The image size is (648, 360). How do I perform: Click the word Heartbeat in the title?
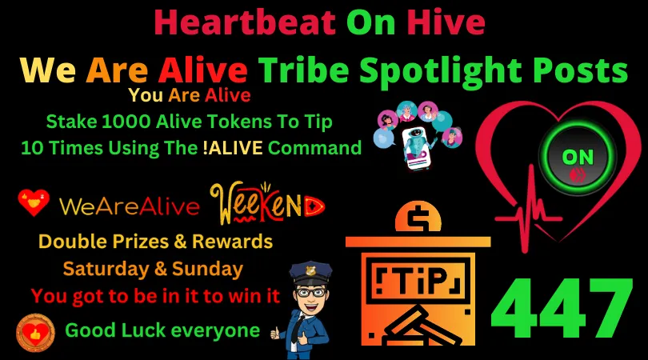(245, 22)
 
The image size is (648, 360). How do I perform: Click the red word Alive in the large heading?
(203, 70)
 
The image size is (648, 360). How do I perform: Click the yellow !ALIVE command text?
(233, 148)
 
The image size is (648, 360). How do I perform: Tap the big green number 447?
(562, 309)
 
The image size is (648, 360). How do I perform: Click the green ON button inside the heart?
(578, 158)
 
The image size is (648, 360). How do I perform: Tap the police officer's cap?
(310, 272)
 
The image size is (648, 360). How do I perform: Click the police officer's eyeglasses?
(310, 293)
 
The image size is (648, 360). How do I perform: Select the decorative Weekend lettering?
(267, 203)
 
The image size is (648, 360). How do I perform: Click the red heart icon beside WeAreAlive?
(34, 202)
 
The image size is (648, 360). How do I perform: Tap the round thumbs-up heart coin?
(35, 333)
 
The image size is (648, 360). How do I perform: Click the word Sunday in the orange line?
(207, 270)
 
